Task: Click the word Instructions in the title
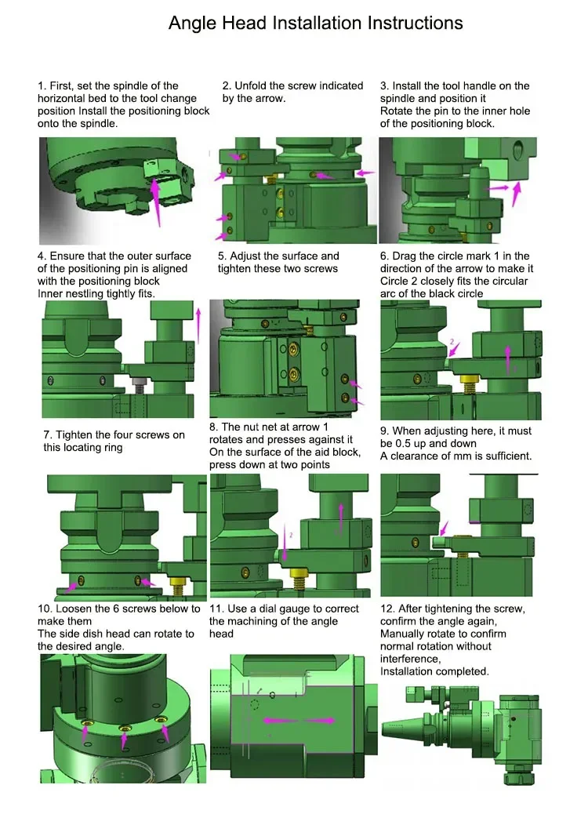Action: (415, 23)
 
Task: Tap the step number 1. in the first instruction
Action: (42, 85)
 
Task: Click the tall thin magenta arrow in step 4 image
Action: (198, 325)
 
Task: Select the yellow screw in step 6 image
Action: (469, 383)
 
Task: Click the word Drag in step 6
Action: (404, 256)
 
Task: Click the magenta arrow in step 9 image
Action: (444, 528)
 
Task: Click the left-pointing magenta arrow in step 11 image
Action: (280, 720)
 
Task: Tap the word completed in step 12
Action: (463, 672)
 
